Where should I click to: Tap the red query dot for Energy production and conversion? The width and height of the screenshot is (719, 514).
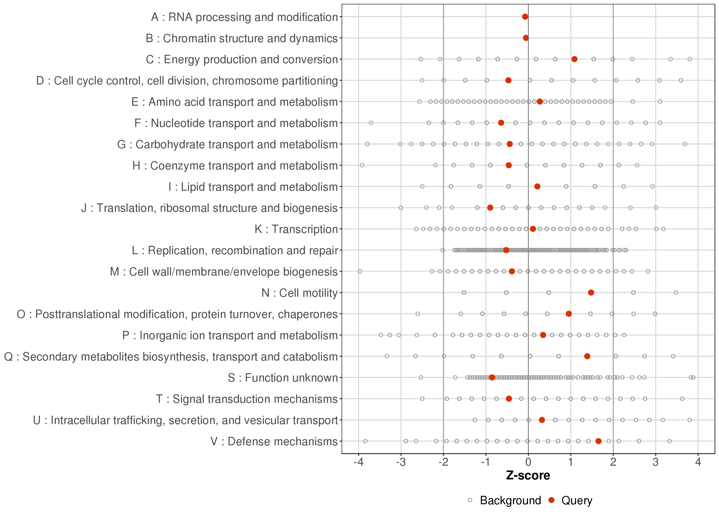coord(575,59)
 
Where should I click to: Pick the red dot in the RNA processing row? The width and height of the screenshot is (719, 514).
coord(525,17)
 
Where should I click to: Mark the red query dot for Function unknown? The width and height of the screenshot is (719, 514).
coord(492,377)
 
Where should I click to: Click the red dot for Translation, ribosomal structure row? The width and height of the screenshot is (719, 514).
coord(490,208)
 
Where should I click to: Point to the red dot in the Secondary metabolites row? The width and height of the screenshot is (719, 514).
coord(587,356)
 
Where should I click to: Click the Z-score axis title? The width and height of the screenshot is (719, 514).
coord(528,476)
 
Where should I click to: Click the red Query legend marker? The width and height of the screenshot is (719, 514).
coord(551,500)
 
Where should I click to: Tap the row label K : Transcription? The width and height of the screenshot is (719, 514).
coord(296,229)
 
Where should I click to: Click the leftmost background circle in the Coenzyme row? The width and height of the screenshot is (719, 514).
coord(362,165)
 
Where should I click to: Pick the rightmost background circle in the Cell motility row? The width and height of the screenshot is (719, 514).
coord(676,292)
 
